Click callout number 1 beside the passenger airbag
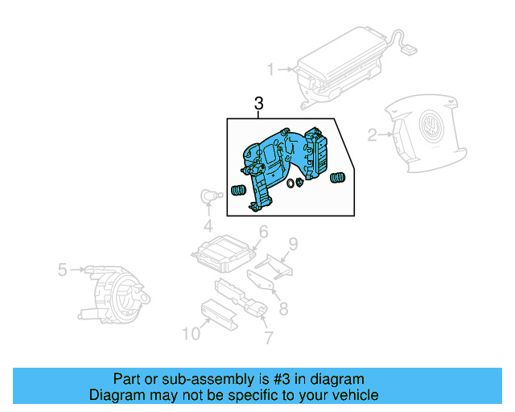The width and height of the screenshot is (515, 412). [271, 69]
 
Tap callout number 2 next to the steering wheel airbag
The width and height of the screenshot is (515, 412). [372, 135]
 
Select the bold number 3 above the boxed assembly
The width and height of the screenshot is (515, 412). [258, 103]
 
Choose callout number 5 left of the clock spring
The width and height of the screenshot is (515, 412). [62, 270]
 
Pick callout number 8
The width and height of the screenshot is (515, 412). [282, 307]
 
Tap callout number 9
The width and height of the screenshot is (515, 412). [294, 243]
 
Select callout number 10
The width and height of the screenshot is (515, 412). [191, 333]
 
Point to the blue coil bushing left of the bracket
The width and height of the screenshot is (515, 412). [237, 191]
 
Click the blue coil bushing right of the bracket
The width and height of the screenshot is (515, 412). [339, 177]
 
